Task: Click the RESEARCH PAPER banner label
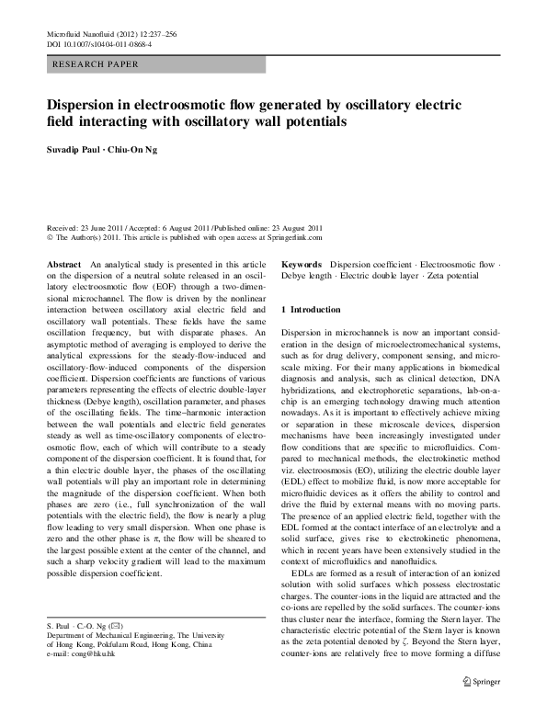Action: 96,64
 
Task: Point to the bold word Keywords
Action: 302,263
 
